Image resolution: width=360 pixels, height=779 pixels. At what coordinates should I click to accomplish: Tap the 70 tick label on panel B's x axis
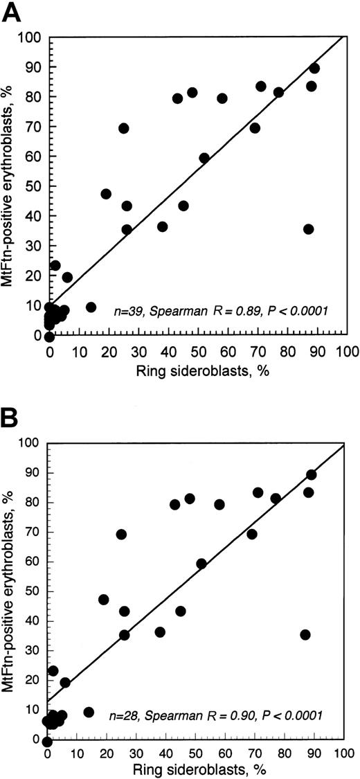click(255, 753)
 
